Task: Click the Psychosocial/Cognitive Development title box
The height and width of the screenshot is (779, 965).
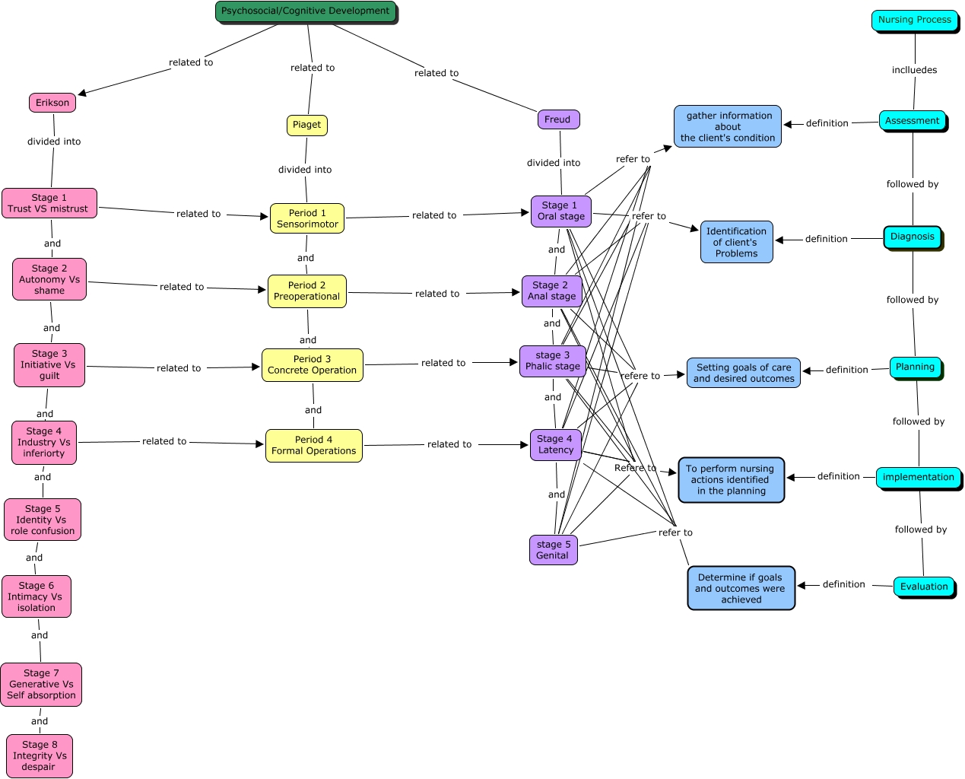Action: [x=306, y=11]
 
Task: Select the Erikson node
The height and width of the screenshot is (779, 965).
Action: [x=52, y=103]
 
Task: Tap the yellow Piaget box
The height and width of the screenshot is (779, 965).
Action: [x=307, y=125]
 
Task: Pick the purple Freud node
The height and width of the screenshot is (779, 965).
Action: [x=557, y=119]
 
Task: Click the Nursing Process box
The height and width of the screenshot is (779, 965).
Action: [x=914, y=20]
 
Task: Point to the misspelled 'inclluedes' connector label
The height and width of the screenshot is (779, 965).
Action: [x=914, y=70]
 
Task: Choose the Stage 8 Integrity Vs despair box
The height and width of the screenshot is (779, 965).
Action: [x=40, y=755]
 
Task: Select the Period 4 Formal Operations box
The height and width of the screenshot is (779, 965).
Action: [x=313, y=445]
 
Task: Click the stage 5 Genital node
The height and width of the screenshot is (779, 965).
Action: [x=553, y=549]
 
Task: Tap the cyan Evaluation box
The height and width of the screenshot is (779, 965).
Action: [x=924, y=587]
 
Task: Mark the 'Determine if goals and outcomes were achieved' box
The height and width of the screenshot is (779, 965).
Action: [x=741, y=588]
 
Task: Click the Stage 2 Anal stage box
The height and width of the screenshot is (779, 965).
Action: [x=552, y=291]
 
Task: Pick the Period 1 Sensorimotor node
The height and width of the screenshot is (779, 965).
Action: [x=307, y=218]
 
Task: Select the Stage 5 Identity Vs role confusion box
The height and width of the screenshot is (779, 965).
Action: [x=43, y=520]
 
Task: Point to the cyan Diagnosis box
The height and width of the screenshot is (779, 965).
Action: [x=913, y=237]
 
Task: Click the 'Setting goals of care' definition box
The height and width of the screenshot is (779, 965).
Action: [x=744, y=373]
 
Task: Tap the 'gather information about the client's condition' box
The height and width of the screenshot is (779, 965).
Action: [x=728, y=126]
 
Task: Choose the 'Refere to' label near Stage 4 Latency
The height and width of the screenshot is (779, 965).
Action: [x=635, y=468]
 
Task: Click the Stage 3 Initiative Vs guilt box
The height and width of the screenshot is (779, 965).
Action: [x=49, y=364]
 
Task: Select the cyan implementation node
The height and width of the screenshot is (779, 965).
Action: [x=918, y=477]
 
